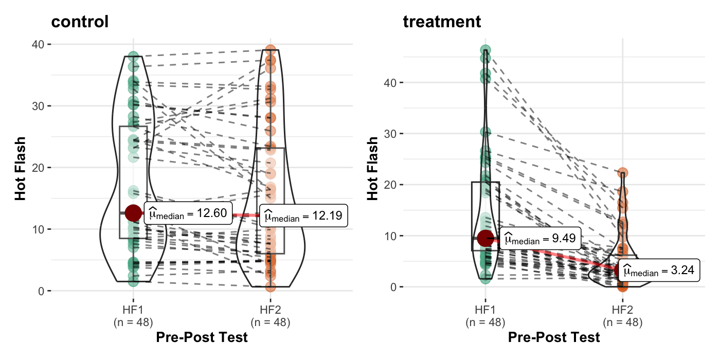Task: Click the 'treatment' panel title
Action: click(442, 22)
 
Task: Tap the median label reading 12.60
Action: click(188, 214)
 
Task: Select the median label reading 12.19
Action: click(303, 215)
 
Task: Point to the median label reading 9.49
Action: click(540, 239)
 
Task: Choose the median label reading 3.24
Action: click(659, 270)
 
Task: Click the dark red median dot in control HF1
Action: click(133, 213)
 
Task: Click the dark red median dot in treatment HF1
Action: click(485, 238)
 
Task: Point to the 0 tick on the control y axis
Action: click(42, 291)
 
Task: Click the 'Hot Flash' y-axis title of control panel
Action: click(21, 167)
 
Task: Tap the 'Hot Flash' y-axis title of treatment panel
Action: click(373, 167)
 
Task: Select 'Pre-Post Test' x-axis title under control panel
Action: click(202, 338)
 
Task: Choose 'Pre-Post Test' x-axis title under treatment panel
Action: click(554, 338)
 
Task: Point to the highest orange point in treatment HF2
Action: click(622, 173)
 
